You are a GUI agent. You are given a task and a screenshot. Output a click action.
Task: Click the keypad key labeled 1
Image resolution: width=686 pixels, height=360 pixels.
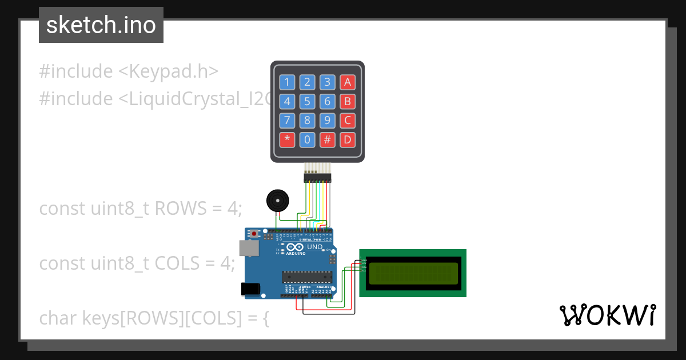click(287, 82)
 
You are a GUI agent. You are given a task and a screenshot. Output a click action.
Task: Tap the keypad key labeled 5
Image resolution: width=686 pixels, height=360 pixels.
click(307, 102)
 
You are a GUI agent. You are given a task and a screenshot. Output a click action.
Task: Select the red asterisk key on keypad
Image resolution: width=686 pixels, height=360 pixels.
click(287, 140)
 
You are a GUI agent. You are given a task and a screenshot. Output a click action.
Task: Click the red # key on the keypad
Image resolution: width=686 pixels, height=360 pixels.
click(327, 140)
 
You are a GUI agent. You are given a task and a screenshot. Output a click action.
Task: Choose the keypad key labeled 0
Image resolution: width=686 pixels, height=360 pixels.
click(307, 140)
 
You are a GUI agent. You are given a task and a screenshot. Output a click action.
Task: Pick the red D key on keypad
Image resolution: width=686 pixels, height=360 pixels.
click(347, 140)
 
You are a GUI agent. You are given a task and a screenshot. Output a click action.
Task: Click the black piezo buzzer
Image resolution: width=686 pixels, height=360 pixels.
click(278, 201)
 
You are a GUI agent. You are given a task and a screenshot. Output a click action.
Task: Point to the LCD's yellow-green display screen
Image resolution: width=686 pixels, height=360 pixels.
click(413, 273)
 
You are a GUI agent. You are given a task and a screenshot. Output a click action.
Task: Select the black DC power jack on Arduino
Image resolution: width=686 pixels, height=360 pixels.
click(250, 289)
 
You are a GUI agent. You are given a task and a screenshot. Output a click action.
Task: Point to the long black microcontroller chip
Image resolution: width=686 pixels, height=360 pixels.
click(307, 277)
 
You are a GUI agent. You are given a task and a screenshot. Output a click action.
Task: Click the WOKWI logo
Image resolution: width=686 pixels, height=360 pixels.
click(607, 315)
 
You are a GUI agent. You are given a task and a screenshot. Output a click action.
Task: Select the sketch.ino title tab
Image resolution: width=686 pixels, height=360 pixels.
click(101, 25)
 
